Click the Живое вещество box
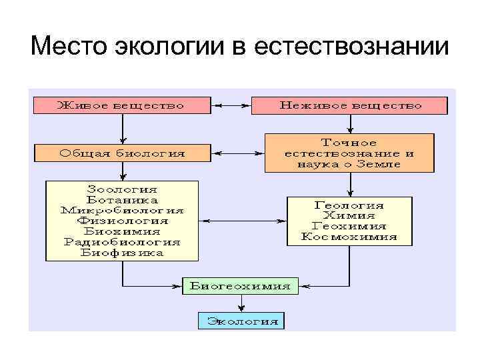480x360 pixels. (x=120, y=105)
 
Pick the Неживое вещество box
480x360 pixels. (x=349, y=105)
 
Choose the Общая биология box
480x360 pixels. (x=122, y=153)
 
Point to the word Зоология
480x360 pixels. (x=122, y=190)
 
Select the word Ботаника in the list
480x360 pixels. (x=122, y=200)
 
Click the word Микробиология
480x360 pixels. (x=122, y=211)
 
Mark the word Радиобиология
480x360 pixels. (x=122, y=242)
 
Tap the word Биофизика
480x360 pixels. (x=122, y=253)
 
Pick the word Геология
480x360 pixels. (x=349, y=205)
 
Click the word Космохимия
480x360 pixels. (x=349, y=237)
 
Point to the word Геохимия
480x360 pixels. (x=349, y=226)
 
